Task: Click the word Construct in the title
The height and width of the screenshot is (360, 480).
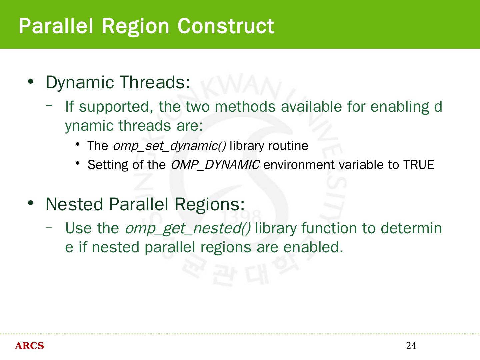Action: click(226, 26)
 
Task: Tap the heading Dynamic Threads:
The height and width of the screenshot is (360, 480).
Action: click(118, 82)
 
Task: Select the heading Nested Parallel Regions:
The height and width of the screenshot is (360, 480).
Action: click(145, 205)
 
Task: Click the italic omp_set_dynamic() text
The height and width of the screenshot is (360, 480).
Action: click(169, 146)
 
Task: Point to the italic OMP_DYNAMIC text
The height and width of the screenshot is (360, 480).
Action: click(215, 165)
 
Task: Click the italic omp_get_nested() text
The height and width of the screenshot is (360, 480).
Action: click(188, 228)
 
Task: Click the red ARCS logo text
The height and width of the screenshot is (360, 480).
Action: click(30, 346)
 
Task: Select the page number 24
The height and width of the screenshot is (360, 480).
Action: click(411, 346)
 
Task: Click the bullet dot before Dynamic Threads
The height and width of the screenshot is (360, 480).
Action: click(31, 81)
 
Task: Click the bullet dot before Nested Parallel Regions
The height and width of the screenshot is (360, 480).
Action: click(31, 203)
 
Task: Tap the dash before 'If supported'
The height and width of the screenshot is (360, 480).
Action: click(49, 105)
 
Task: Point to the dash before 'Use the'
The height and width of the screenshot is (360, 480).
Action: click(49, 227)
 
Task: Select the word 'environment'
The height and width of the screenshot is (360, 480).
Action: click(299, 165)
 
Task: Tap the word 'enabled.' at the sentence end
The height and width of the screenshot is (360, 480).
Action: click(313, 247)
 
